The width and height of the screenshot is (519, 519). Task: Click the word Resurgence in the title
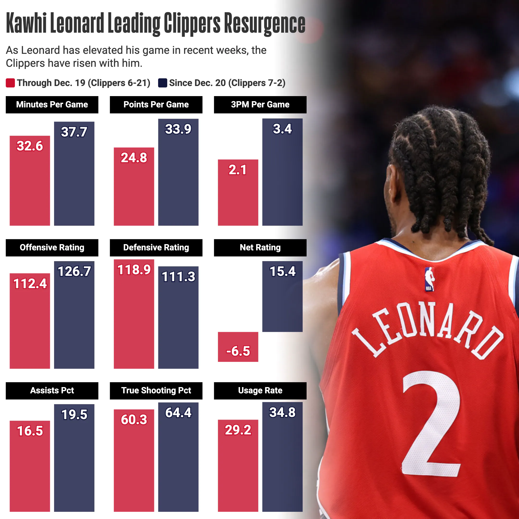pyautogui.click(x=265, y=24)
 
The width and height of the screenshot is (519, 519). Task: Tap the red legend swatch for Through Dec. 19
pyautogui.click(x=10, y=83)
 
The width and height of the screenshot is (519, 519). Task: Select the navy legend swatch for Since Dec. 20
pyautogui.click(x=162, y=83)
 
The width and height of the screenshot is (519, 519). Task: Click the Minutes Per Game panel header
pyautogui.click(x=52, y=105)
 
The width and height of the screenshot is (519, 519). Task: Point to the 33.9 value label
pyautogui.click(x=178, y=129)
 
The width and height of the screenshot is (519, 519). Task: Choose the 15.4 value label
pyautogui.click(x=282, y=271)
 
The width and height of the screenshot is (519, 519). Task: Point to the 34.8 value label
pyautogui.click(x=282, y=412)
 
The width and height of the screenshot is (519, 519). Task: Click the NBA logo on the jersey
pyautogui.click(x=429, y=279)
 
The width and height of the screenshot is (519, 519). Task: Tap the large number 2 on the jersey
pyautogui.click(x=430, y=424)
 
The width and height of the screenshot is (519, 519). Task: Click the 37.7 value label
pyautogui.click(x=74, y=132)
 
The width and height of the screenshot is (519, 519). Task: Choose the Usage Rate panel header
pyautogui.click(x=260, y=390)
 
